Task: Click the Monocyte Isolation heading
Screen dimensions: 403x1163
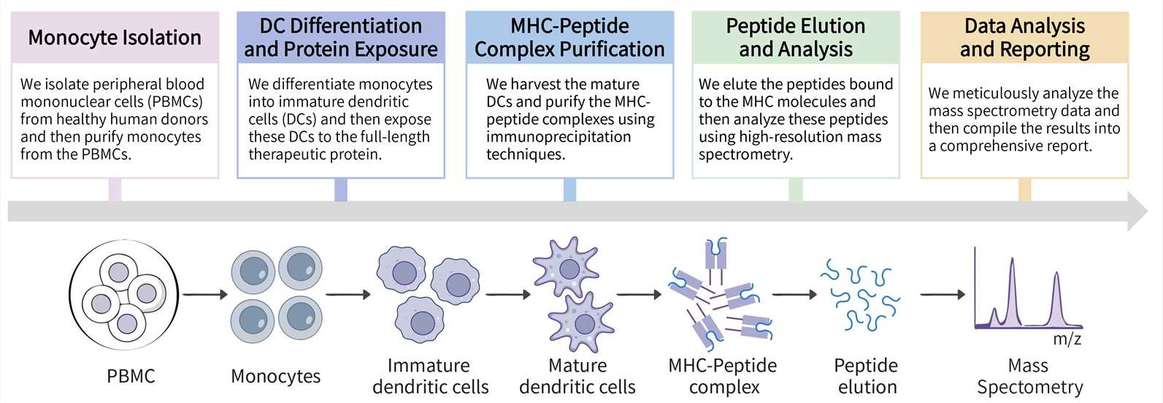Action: [115, 38]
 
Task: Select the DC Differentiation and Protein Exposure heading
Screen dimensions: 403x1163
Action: [340, 37]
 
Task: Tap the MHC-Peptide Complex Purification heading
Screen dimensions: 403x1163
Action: [569, 37]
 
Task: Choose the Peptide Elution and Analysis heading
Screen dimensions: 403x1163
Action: [796, 37]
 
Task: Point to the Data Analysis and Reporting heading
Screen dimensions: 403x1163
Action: [1024, 37]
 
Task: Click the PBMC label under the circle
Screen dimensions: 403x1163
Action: [131, 376]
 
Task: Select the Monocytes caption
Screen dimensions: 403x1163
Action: [275, 376]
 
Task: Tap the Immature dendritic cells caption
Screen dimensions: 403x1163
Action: [430, 376]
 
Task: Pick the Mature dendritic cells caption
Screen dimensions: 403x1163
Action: [577, 376]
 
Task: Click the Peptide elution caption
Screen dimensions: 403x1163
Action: [867, 376]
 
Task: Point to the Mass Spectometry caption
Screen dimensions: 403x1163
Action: [1029, 376]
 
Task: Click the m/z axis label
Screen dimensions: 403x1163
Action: [1067, 339]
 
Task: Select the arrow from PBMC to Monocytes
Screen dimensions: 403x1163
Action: [206, 295]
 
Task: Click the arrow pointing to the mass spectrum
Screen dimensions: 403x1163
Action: [943, 295]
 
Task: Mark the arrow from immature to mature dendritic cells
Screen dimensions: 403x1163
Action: [508, 295]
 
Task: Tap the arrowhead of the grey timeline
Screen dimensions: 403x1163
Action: [1137, 211]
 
